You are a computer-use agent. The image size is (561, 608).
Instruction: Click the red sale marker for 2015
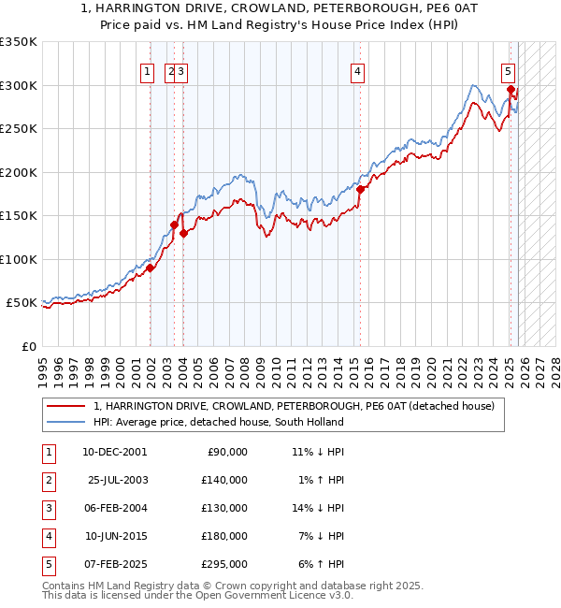coord(360,189)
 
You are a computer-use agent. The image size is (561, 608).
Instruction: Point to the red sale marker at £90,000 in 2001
coord(150,268)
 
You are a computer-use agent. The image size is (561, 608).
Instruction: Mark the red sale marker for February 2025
coord(511,90)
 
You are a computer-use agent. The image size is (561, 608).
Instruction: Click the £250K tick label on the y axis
coord(19,129)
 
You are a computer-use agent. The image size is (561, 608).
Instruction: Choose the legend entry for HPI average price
coord(218,422)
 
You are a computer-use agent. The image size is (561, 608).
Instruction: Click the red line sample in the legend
coord(65,406)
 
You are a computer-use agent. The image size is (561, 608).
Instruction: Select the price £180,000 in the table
coord(226,536)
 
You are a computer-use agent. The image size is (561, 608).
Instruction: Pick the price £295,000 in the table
coord(226,564)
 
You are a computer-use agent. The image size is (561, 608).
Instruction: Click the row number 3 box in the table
coord(47,508)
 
